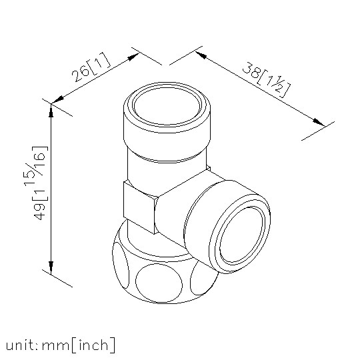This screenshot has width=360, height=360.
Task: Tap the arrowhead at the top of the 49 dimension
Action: [51, 110]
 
